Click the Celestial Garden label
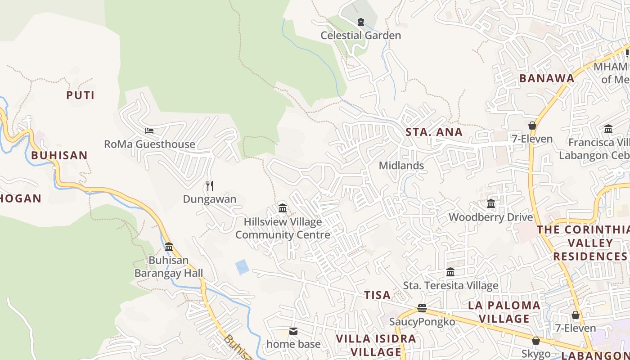click(360, 36)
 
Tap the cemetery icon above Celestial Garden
click(360, 22)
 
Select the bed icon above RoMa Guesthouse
click(149, 131)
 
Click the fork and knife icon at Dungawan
click(209, 185)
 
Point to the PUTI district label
click(81, 95)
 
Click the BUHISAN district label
click(59, 156)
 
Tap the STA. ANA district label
click(434, 132)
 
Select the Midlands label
click(401, 166)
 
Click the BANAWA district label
click(547, 78)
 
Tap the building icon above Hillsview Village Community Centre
click(283, 208)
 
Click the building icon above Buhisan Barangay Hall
click(169, 247)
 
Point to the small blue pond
click(242, 267)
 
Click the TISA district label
click(377, 295)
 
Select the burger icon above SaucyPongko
click(422, 308)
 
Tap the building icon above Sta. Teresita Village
click(450, 272)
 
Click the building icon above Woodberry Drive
click(491, 204)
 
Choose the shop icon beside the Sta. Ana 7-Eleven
click(532, 126)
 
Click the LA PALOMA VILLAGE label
click(504, 312)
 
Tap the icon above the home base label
click(293, 331)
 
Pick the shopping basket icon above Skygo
click(535, 341)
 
